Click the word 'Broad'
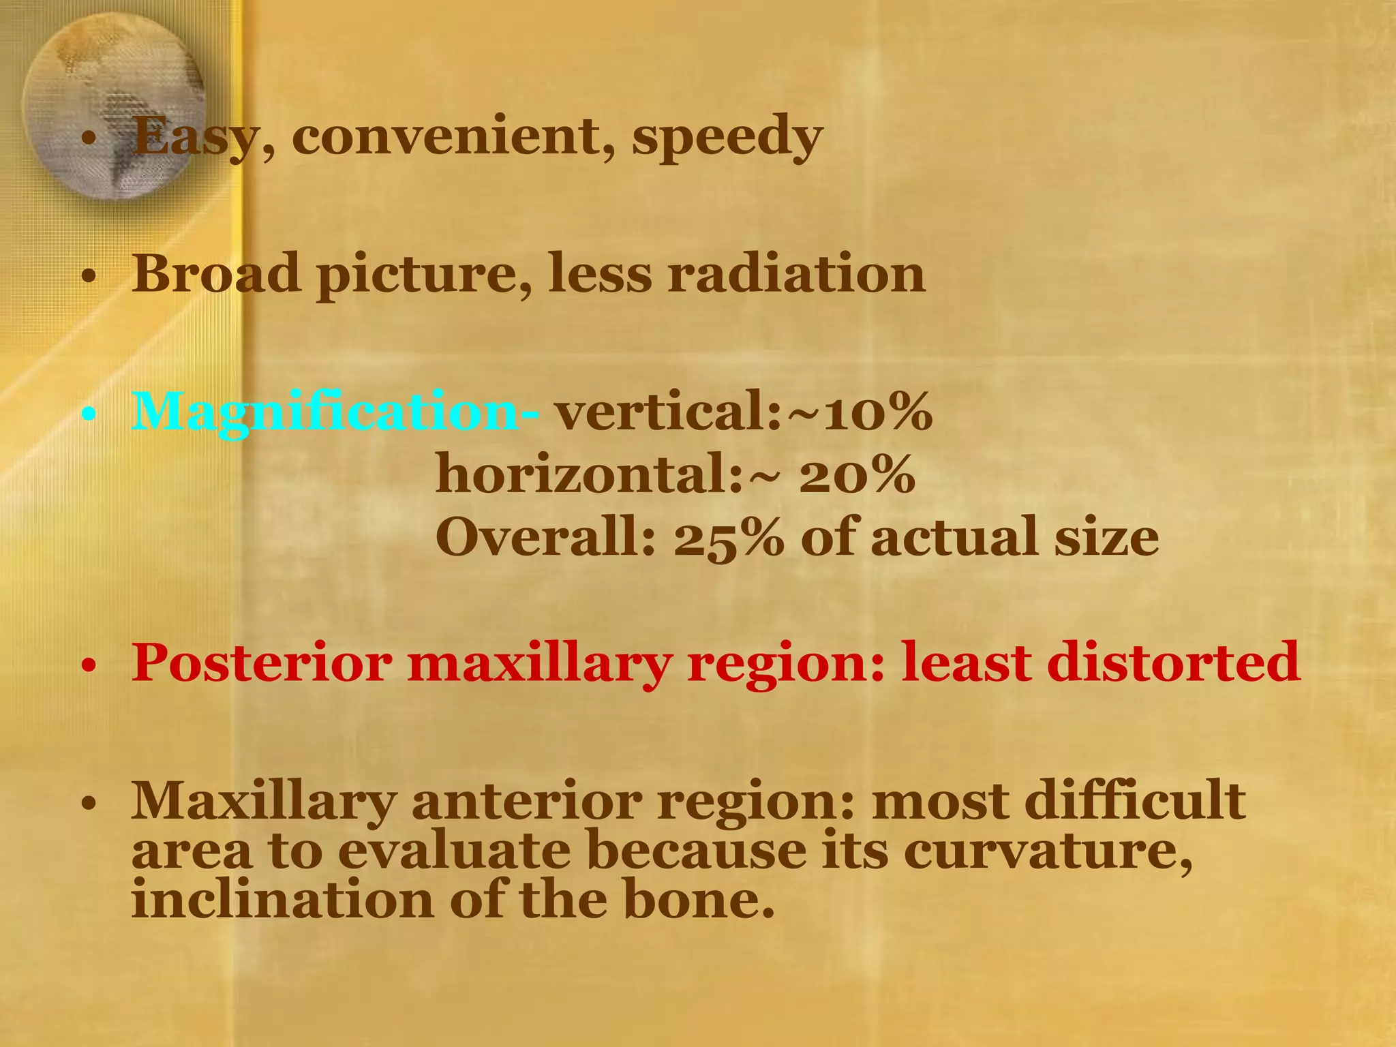(x=215, y=273)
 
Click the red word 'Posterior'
(x=262, y=663)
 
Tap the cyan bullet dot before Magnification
(x=87, y=414)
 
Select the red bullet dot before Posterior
(x=87, y=665)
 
